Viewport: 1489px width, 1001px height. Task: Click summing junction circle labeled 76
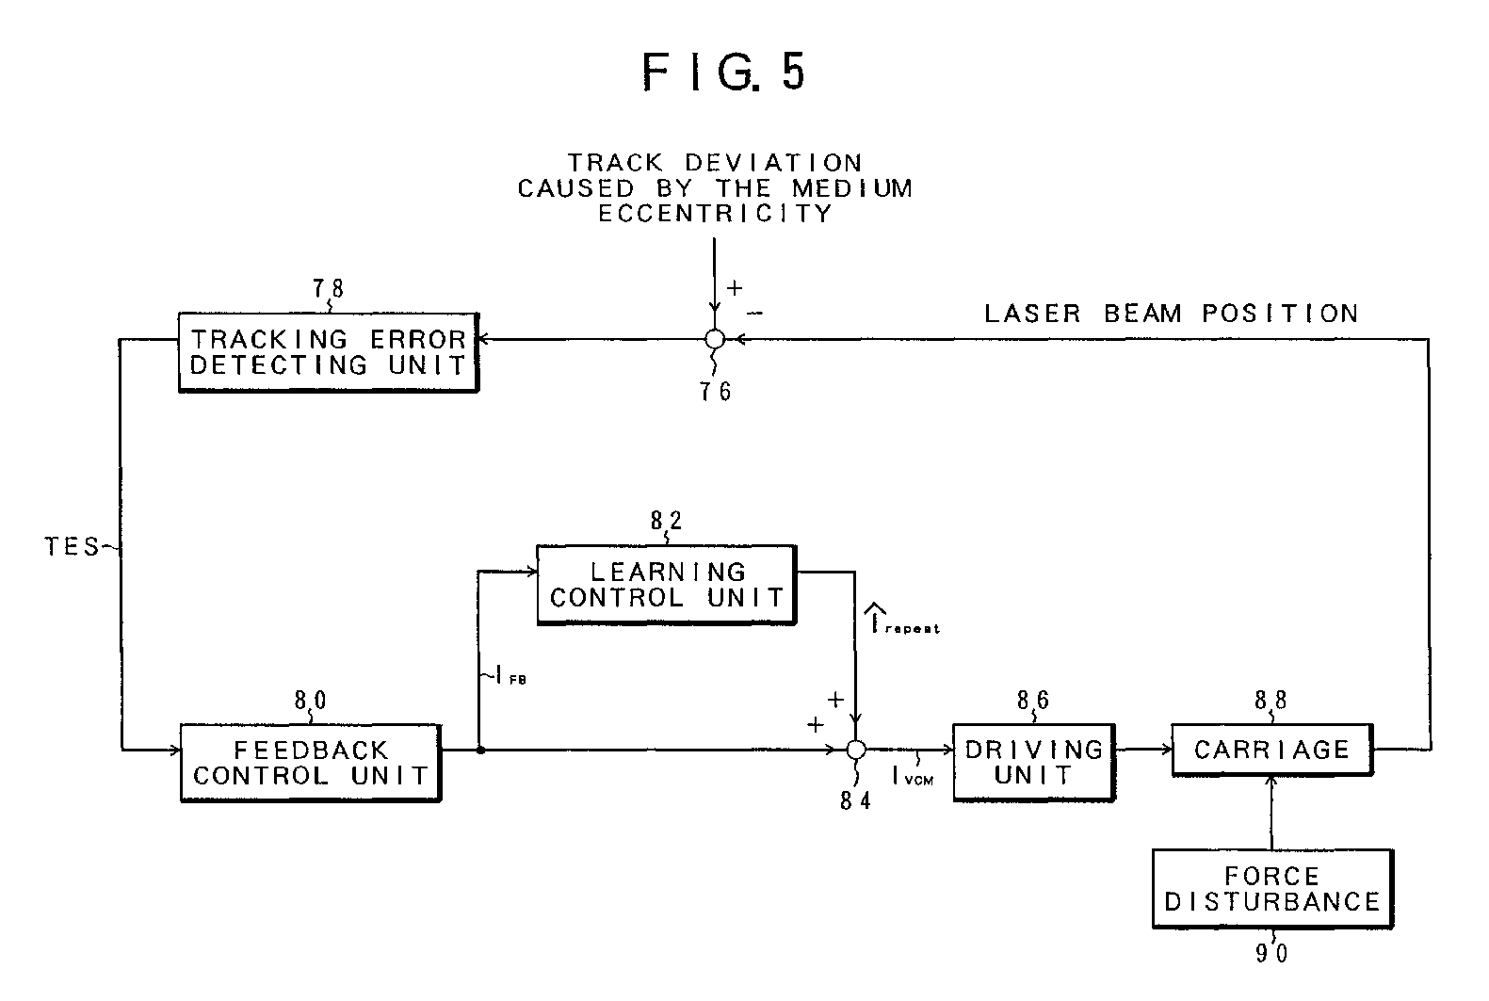click(715, 339)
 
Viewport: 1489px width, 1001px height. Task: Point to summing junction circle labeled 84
click(856, 750)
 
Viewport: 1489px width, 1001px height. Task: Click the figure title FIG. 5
click(724, 72)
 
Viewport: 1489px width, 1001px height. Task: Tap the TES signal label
click(72, 546)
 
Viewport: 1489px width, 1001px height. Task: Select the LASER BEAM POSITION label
click(1172, 314)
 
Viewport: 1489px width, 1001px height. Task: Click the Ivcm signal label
click(913, 776)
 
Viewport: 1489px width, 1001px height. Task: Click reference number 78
click(329, 288)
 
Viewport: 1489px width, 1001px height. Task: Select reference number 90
click(1271, 954)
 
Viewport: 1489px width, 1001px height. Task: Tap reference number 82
click(666, 521)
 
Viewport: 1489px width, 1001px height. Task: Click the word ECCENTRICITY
click(715, 214)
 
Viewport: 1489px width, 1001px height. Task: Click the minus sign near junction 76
click(755, 313)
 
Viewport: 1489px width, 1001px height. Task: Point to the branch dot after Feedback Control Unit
click(480, 751)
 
